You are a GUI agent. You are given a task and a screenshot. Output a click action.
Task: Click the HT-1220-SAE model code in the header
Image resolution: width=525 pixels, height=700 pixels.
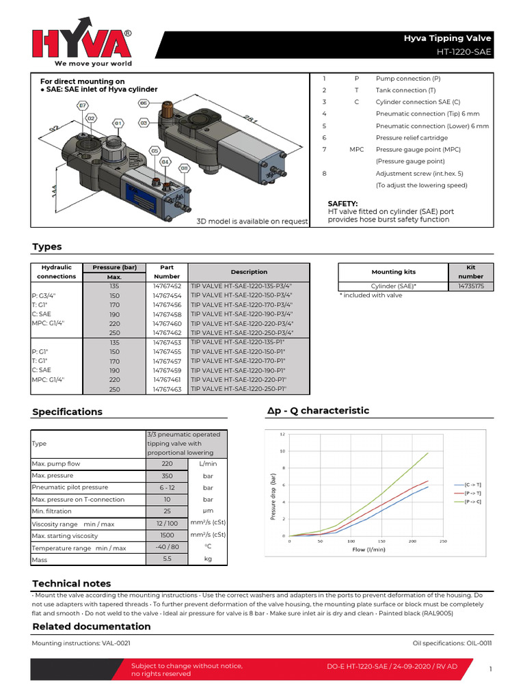pos(464,52)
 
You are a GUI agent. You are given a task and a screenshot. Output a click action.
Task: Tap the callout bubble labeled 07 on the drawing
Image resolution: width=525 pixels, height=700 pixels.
pos(83,105)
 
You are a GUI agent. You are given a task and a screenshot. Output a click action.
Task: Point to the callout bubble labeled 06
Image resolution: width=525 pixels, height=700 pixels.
pos(144,103)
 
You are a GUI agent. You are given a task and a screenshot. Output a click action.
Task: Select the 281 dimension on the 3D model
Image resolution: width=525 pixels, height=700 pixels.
pos(234,121)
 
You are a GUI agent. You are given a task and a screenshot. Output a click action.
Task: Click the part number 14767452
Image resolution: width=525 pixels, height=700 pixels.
pos(167,286)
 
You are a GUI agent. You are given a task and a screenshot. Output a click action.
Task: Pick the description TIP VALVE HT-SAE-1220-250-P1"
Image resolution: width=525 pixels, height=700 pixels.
pos(239,389)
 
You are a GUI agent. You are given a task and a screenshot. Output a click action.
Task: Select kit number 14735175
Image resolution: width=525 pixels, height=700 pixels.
pos(471,286)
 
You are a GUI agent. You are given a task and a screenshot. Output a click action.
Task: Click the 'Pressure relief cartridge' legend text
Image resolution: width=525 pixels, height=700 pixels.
pos(412,137)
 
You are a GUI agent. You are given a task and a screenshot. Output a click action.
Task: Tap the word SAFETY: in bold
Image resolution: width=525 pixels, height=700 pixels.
pos(343,204)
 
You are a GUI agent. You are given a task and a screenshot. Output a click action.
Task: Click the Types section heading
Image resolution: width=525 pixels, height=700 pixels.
pos(47,247)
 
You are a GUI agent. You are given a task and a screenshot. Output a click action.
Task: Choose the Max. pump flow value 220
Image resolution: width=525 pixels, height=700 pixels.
pos(167,463)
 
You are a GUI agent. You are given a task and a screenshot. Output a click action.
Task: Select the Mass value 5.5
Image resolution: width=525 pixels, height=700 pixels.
pos(167,559)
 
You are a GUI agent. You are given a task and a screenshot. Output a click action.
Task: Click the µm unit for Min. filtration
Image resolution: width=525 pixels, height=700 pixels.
pos(208,511)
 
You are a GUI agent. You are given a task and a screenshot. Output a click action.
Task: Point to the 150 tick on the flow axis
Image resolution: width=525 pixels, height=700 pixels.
pos(381,541)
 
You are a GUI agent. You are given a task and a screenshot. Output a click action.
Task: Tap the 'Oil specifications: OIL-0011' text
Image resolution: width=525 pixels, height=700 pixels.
pos(452,643)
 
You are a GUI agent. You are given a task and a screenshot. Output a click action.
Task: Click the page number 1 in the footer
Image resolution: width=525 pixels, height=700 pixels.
pos(491,670)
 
